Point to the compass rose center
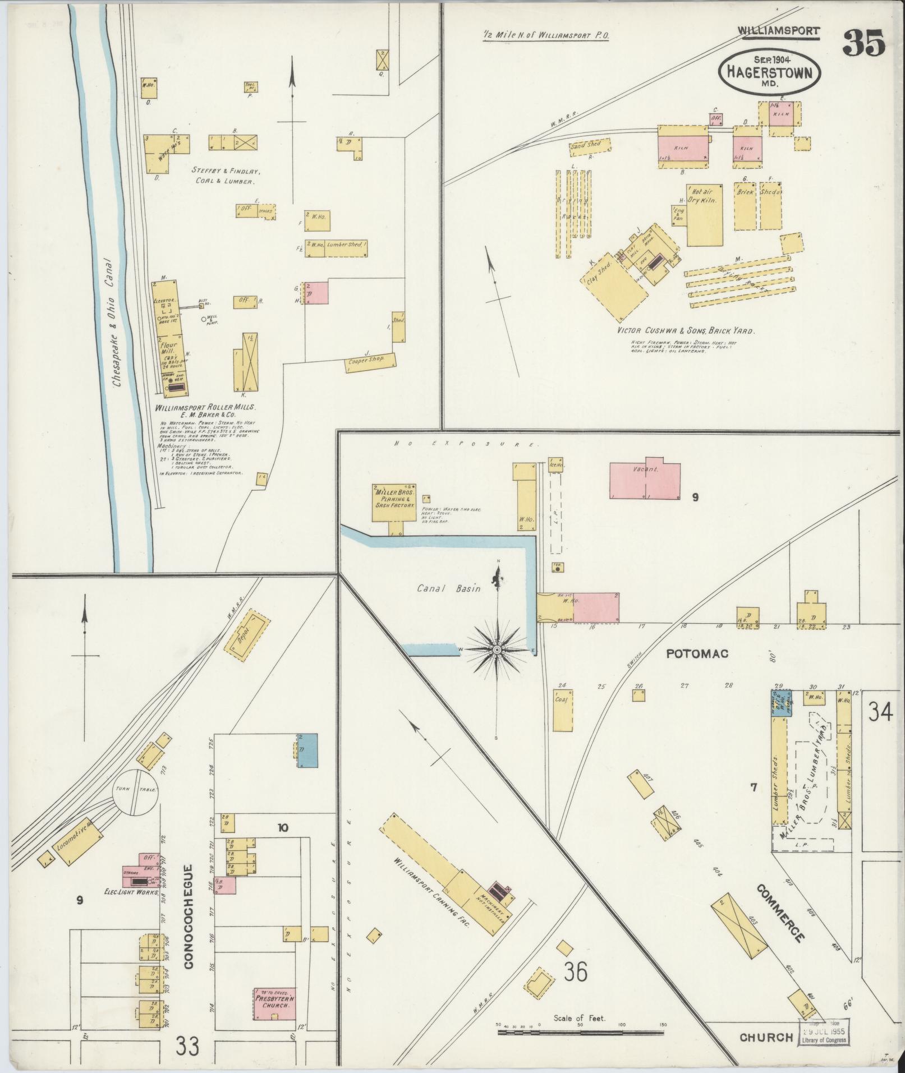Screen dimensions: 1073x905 pos(497,650)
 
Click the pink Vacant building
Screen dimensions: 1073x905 pos(645,481)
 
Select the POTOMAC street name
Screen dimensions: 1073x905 pos(697,653)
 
